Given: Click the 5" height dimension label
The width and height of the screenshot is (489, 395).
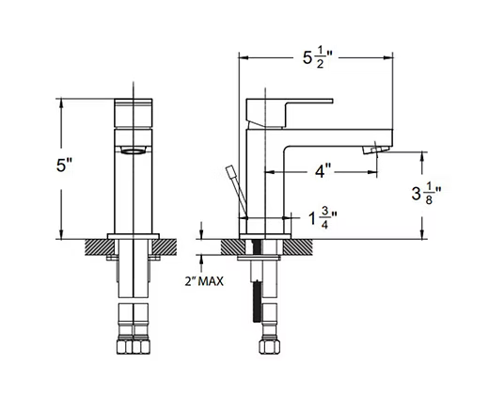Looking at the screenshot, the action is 64,165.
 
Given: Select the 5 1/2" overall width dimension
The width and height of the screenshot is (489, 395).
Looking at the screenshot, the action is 317,57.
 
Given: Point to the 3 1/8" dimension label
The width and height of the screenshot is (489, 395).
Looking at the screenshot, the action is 426,194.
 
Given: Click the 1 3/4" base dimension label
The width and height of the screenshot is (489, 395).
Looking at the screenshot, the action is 323,218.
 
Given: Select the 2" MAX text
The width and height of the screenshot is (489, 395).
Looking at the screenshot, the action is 204,281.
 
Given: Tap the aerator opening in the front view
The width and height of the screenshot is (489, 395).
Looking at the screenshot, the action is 134,150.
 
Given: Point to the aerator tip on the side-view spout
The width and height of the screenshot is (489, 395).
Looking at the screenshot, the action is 376,150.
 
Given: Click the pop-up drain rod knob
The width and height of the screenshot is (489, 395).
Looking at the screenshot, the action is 230,171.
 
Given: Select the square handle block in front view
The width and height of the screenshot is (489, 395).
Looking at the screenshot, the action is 134,113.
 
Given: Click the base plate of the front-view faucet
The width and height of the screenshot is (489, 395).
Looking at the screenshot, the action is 134,236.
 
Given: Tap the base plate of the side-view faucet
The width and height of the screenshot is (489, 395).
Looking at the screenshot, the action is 265,236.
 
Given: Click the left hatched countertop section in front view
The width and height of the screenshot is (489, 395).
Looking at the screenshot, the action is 100,247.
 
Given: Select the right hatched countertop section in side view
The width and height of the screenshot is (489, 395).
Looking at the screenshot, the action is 298,247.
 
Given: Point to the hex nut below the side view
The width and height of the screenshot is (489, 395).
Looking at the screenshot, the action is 269,346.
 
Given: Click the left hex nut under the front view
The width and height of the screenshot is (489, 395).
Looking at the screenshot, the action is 125,346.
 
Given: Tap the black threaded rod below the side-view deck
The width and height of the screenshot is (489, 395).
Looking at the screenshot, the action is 257,301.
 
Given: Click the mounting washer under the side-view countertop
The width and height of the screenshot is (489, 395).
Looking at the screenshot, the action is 259,258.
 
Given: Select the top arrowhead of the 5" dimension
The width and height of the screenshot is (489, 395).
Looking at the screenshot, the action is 61,104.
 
